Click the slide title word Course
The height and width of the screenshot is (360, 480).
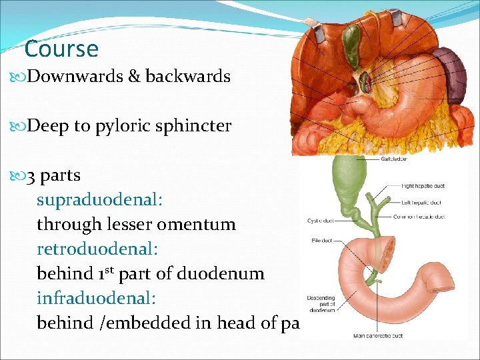pyautogui.click(x=61, y=49)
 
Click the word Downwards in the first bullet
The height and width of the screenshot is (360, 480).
pyautogui.click(x=75, y=77)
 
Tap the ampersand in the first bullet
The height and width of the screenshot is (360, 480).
pyautogui.click(x=133, y=77)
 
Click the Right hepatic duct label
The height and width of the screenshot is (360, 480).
pyautogui.click(x=423, y=185)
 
